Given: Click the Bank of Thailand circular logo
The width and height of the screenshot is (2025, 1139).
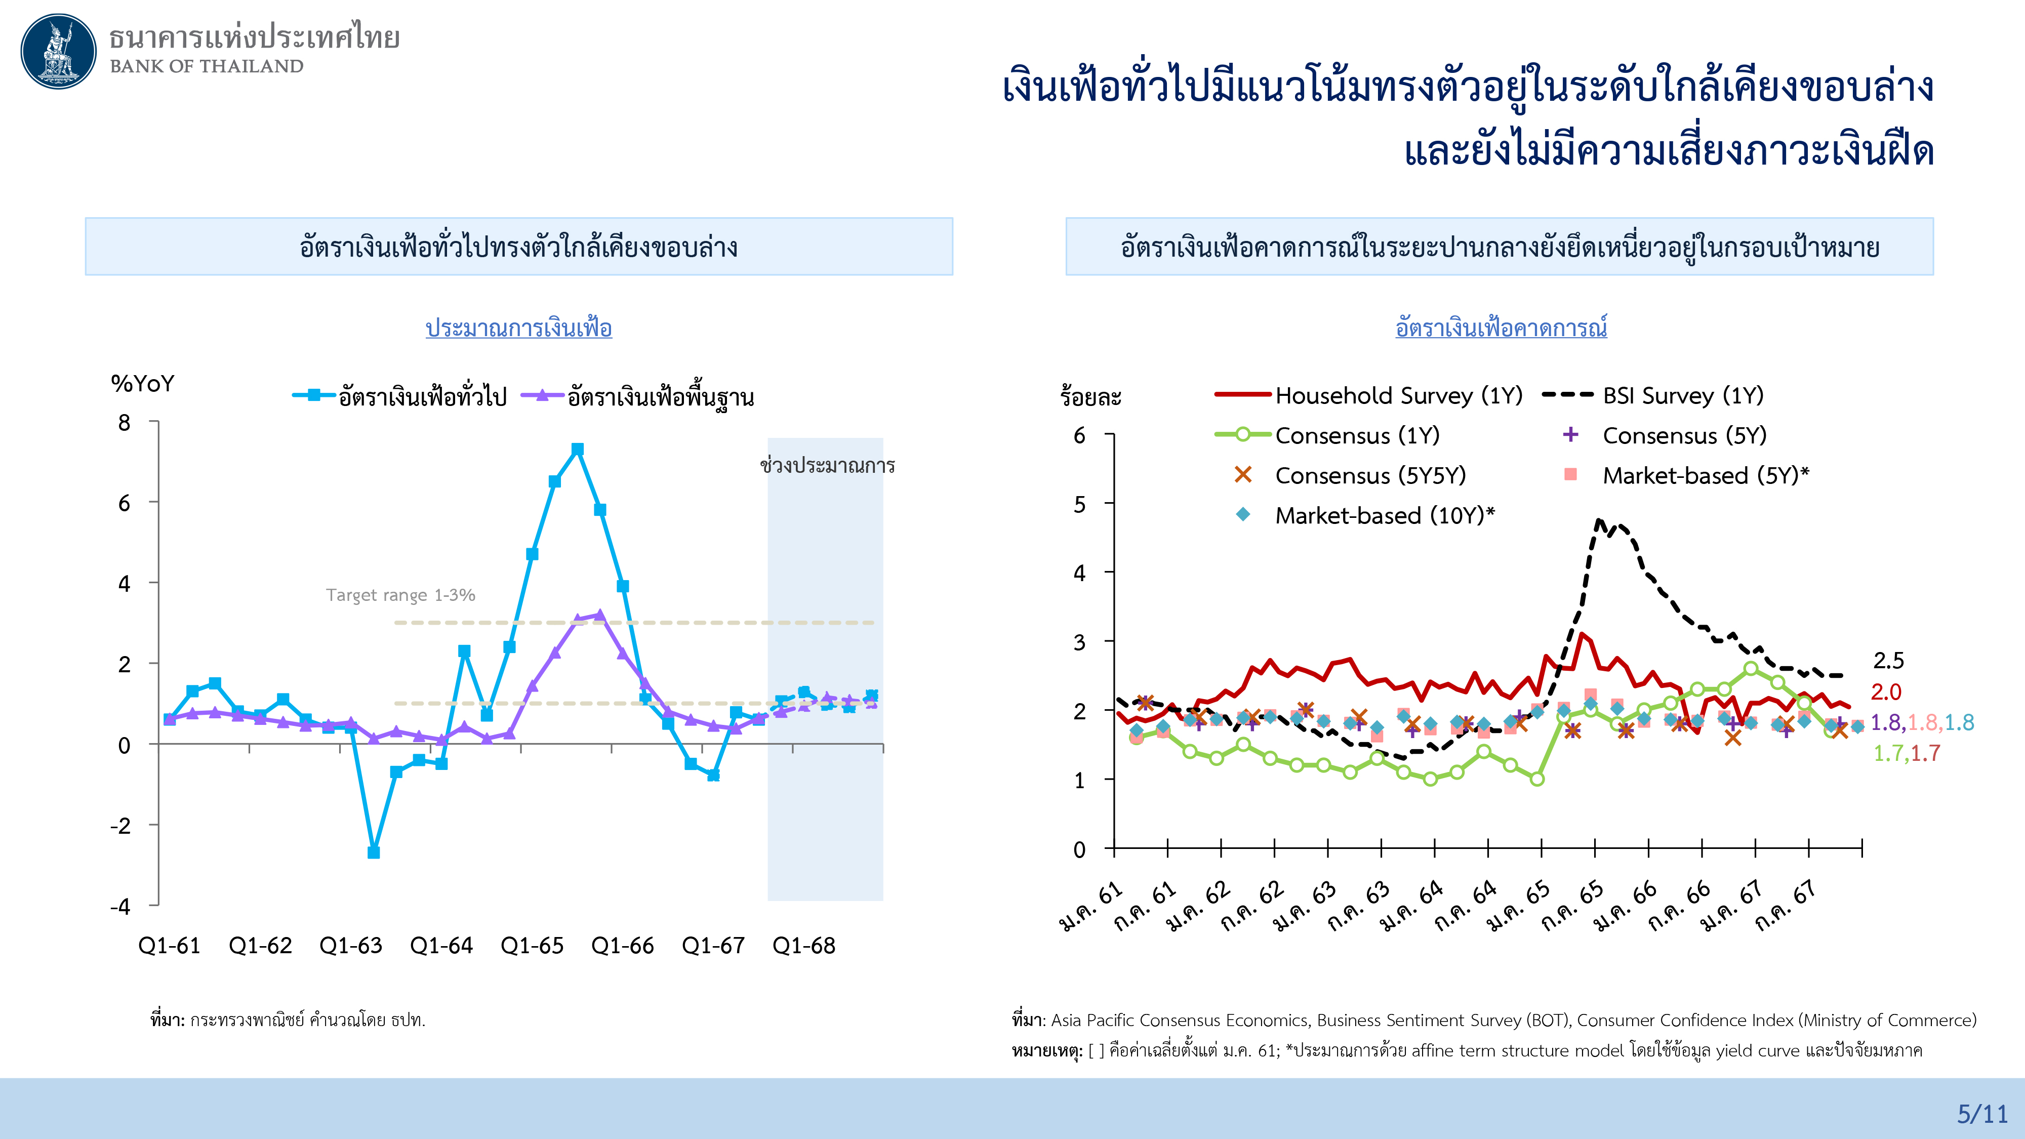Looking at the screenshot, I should pos(58,51).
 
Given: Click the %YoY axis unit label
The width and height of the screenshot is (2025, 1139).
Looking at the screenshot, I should pos(142,384).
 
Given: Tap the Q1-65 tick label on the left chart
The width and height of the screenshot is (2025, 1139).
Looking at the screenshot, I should pos(532,946).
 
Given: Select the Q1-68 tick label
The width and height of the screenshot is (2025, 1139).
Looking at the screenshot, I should pos(803,946).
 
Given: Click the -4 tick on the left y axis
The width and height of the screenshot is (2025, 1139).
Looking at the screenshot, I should pos(120,906).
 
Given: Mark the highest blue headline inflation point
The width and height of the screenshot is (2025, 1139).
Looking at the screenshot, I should pos(578,450).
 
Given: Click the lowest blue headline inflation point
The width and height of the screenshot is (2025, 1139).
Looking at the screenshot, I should pos(374,852).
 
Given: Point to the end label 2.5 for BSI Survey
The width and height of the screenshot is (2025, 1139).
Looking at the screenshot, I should pos(1888,661).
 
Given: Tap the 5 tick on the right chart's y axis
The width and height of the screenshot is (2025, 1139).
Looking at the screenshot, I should pos(1080,504).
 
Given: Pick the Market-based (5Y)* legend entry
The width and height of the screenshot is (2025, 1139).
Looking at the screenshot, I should pos(1704,475).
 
